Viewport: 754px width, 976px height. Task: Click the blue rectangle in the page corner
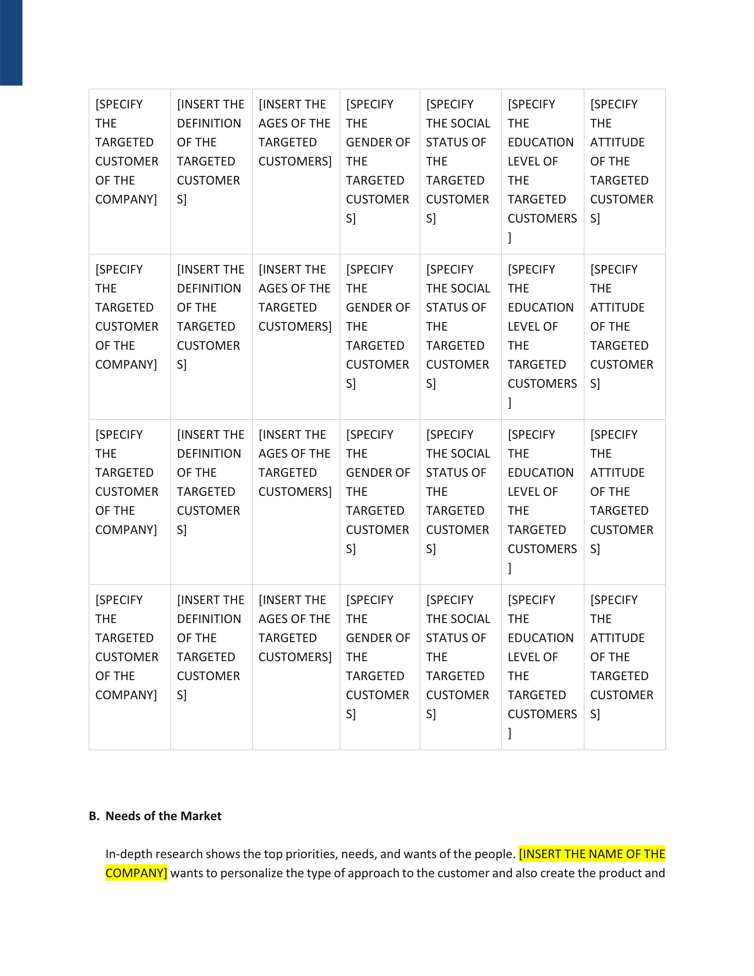tap(11, 43)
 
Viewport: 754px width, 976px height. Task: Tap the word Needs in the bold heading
tap(122, 816)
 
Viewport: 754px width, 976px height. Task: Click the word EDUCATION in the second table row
tap(541, 308)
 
